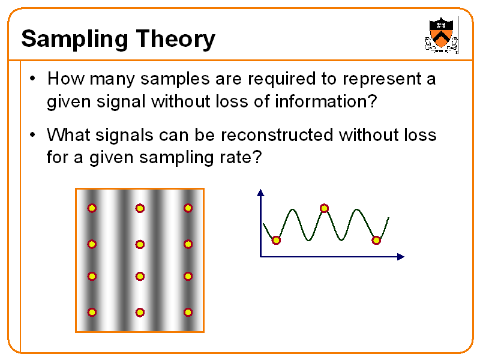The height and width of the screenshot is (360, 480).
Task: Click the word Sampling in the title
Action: tap(74, 40)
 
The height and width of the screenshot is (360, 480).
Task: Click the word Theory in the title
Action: tap(175, 40)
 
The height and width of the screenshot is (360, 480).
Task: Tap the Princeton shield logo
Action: tap(441, 35)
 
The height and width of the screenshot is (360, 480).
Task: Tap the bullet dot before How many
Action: tap(33, 79)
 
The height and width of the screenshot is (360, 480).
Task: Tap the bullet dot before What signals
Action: tap(33, 134)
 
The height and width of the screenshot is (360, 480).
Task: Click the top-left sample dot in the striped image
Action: tap(92, 208)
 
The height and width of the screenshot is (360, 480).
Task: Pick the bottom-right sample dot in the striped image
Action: tap(188, 312)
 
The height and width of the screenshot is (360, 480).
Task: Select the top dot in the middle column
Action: tap(140, 208)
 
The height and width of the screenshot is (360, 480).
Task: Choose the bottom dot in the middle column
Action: tap(140, 313)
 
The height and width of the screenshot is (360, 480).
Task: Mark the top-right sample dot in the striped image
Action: tap(188, 208)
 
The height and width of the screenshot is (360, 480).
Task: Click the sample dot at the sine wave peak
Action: tap(324, 208)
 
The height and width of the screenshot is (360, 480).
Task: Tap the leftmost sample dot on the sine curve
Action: tap(276, 241)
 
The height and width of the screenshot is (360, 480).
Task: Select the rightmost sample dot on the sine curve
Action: tap(376, 241)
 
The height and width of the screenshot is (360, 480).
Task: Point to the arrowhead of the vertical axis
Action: tap(260, 193)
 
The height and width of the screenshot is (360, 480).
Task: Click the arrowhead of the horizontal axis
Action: tap(401, 257)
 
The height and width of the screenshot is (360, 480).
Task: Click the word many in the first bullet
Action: tap(112, 79)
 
